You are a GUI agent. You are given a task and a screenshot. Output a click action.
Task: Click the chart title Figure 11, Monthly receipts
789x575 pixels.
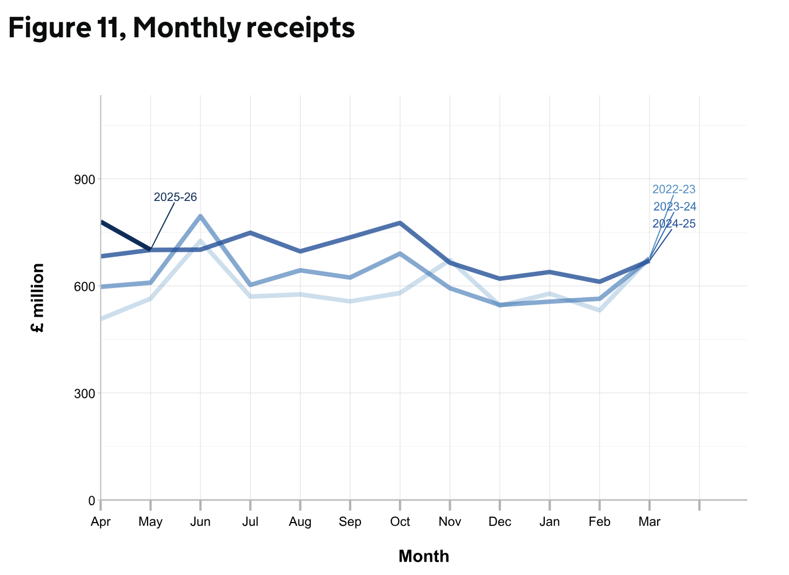point(182,28)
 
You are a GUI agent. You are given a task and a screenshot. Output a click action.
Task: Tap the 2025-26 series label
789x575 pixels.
point(175,197)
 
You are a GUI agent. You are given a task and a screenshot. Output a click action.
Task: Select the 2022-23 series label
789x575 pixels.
point(674,190)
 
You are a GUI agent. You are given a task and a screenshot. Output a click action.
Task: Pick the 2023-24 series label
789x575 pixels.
point(674,207)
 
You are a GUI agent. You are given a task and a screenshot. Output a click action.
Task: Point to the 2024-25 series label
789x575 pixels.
point(674,224)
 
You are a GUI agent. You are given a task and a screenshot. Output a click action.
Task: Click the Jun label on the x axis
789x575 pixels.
point(200,522)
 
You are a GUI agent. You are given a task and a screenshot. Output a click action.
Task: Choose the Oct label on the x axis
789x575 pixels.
point(400,522)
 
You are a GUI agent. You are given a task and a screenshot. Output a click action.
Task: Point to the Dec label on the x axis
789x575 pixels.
point(500,522)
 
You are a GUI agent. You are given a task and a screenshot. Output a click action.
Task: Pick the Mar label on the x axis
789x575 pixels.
point(650,522)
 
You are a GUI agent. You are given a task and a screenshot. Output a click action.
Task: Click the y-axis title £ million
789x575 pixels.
point(38,298)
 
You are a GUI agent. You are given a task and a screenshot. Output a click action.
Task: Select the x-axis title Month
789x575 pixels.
point(424,556)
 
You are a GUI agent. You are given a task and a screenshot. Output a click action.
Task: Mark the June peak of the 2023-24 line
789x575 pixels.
point(200,216)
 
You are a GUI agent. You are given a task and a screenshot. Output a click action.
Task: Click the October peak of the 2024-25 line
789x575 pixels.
point(400,223)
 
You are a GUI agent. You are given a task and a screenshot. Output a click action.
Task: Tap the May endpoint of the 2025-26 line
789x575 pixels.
point(151,250)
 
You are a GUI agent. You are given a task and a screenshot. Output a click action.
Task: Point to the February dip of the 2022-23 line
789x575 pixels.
point(600,310)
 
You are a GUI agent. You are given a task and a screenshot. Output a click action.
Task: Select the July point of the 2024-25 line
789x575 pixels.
point(250,232)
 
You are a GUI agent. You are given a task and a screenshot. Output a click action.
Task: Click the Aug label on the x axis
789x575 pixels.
point(300,522)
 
